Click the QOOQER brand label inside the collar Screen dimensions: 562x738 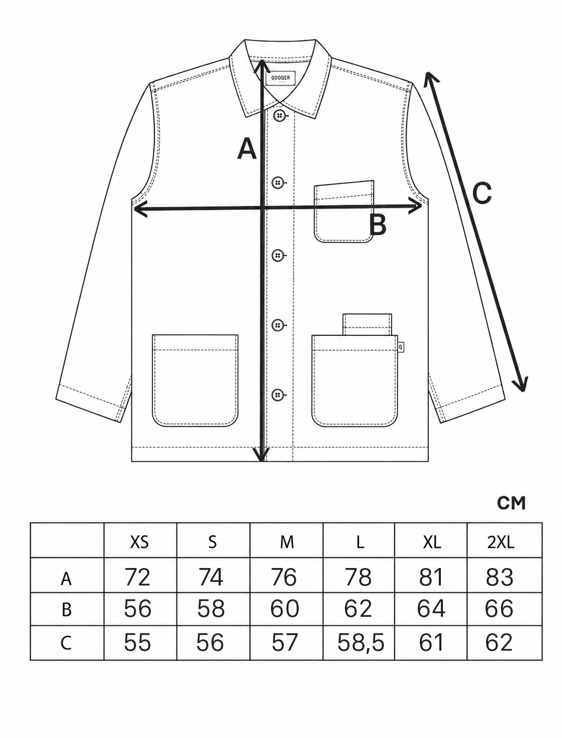[281, 78]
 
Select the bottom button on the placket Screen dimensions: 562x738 [278, 395]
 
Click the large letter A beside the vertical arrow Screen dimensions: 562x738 [247, 148]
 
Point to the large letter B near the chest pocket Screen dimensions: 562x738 [378, 224]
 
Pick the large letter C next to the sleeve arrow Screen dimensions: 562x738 [482, 193]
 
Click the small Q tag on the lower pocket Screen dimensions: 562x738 [400, 345]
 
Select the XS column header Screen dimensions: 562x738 [140, 542]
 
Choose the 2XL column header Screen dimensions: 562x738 [501, 542]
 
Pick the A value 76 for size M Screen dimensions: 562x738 [284, 577]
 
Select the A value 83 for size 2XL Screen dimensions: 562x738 [499, 577]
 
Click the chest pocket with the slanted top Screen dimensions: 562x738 [344, 212]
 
